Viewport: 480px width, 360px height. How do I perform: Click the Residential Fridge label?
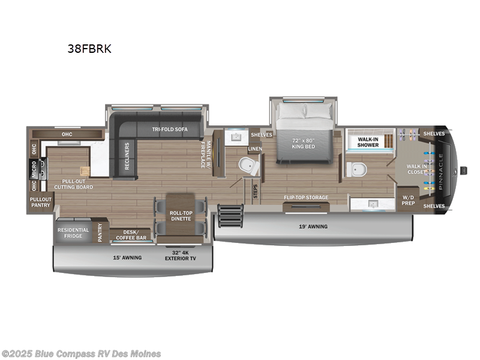click(73, 233)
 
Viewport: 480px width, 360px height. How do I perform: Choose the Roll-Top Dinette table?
click(181, 215)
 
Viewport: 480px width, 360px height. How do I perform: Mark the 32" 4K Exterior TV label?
click(181, 256)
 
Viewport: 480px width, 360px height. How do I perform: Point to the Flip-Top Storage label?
click(306, 197)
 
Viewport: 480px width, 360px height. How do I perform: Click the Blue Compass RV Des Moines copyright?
click(81, 353)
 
